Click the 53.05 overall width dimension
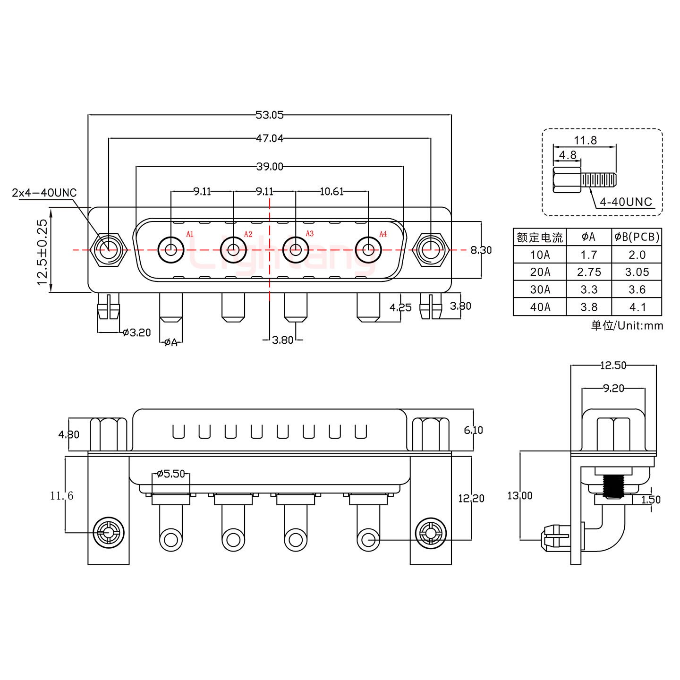tap(269, 115)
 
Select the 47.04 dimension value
tap(269, 138)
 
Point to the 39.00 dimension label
tap(269, 166)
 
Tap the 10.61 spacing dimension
tap(331, 191)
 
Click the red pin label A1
tap(190, 234)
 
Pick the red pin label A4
tap(383, 234)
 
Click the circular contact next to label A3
tap(296, 249)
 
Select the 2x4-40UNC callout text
tap(44, 193)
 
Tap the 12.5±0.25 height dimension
tap(42, 252)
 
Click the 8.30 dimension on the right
tap(481, 250)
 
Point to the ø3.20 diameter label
tap(136, 332)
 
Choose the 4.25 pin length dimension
tap(400, 307)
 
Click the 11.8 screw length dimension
tap(585, 140)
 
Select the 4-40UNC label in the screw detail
tap(626, 202)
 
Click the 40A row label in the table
tap(540, 307)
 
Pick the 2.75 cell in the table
tap(589, 272)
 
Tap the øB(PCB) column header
tap(637, 237)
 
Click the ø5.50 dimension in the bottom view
tap(170, 474)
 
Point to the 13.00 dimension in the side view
tap(519, 495)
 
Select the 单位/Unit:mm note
tap(627, 325)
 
